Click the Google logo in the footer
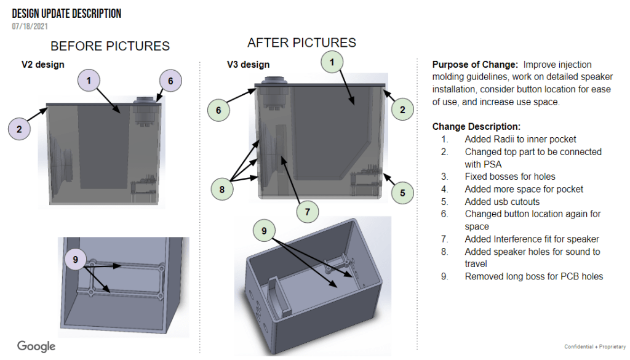pyautogui.click(x=36, y=346)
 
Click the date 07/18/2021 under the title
pyautogui.click(x=30, y=26)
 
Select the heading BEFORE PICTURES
pyautogui.click(x=110, y=46)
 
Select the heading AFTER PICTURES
pyautogui.click(x=301, y=42)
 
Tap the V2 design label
pyautogui.click(x=42, y=64)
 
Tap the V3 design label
pyautogui.click(x=248, y=64)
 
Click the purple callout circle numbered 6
pyautogui.click(x=171, y=81)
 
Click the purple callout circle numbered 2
pyautogui.click(x=20, y=129)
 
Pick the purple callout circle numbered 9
pyautogui.click(x=75, y=260)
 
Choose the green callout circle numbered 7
pyautogui.click(x=308, y=212)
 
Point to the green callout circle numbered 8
pyautogui.click(x=222, y=189)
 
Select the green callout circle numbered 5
pyautogui.click(x=402, y=193)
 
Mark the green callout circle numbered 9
pyautogui.click(x=264, y=231)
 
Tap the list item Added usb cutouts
pyautogui.click(x=502, y=201)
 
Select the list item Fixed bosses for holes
pyautogui.click(x=510, y=177)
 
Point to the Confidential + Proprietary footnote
pyautogui.click(x=595, y=347)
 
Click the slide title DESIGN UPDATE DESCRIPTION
pyautogui.click(x=66, y=14)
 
